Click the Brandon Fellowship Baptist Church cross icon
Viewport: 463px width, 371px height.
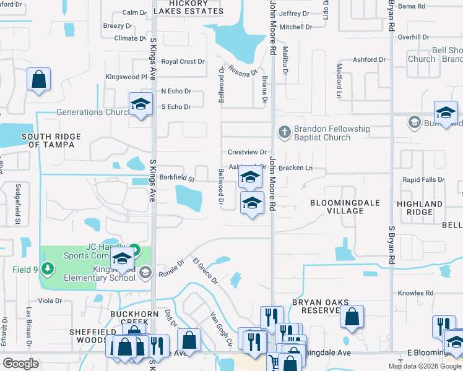(284, 132)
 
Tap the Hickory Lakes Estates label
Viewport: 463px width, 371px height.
(188, 7)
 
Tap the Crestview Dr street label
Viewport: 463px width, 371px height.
(246, 152)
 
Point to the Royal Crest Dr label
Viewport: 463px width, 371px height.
(183, 62)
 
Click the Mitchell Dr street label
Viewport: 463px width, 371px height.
(295, 27)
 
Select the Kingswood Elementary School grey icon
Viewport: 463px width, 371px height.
(145, 272)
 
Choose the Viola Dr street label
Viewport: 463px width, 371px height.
(50, 301)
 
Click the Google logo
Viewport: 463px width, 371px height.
(20, 364)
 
